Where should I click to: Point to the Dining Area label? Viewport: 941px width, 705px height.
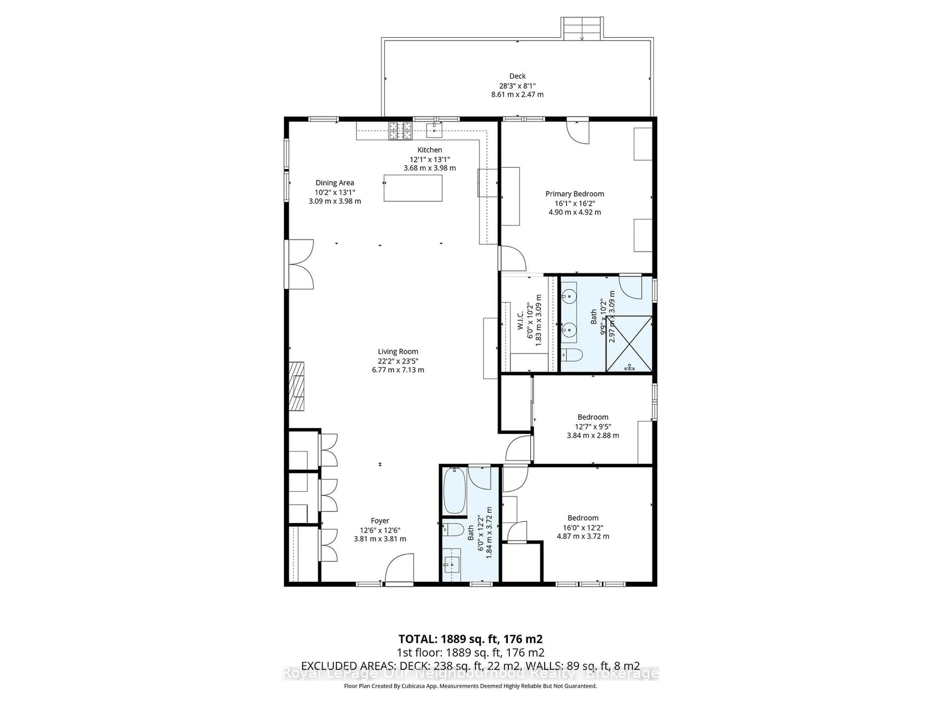[x=335, y=183]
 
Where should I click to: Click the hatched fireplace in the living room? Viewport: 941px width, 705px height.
[x=297, y=386]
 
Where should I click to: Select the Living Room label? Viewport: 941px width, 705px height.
[x=398, y=352]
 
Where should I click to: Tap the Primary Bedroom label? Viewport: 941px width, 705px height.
[x=574, y=194]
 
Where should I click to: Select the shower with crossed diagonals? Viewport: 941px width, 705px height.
[x=629, y=343]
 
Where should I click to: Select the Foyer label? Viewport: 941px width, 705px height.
[x=380, y=521]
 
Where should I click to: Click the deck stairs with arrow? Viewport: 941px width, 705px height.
[x=582, y=29]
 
